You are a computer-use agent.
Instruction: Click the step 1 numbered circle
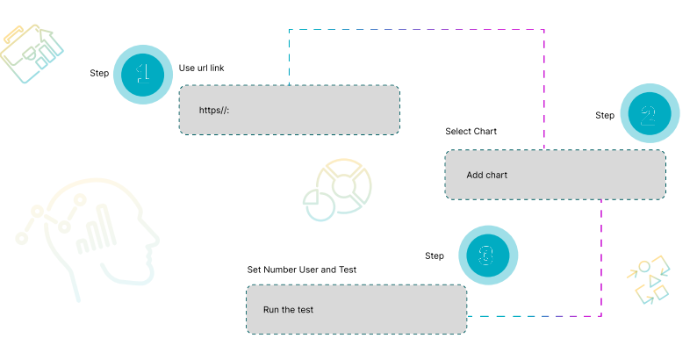[143, 75]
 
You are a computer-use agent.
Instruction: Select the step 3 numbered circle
[487, 255]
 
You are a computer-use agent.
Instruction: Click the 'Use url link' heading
[207, 68]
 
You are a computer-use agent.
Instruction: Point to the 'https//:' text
[214, 110]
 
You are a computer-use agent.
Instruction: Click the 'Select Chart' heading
[471, 132]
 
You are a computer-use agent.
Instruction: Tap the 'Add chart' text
[486, 175]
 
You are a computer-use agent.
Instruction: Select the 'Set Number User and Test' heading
[301, 270]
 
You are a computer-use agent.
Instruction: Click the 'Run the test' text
[288, 310]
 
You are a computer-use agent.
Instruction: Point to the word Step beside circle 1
[99, 73]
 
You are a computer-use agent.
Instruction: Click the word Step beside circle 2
[605, 115]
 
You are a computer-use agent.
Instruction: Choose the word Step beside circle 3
[435, 256]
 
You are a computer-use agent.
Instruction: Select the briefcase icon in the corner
[32, 53]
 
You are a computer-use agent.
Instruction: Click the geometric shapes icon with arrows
[650, 281]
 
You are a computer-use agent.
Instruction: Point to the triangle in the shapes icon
[653, 281]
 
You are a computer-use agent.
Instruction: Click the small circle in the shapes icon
[644, 266]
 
